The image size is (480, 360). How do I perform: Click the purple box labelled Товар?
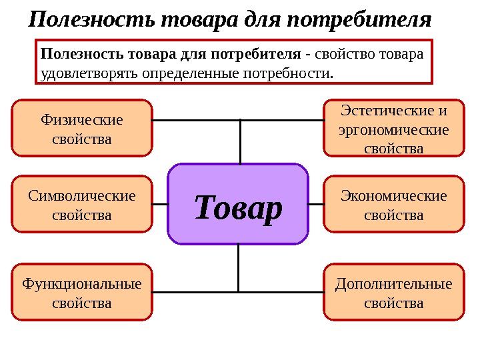click(238, 205)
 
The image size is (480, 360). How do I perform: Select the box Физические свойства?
click(81, 128)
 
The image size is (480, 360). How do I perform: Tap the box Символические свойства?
click(81, 204)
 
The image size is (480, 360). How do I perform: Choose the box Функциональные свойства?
click(81, 293)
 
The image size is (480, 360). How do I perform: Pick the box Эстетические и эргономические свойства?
click(393, 128)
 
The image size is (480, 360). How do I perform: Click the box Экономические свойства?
click(393, 204)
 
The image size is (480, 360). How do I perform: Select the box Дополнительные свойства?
click(393, 293)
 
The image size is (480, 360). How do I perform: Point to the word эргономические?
click(393, 130)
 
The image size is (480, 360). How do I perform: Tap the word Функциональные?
click(81, 285)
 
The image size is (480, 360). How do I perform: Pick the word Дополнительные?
click(393, 285)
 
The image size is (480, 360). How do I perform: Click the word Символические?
click(81, 196)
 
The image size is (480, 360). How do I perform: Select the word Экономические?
click(393, 196)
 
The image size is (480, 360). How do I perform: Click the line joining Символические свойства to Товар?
click(160, 203)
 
